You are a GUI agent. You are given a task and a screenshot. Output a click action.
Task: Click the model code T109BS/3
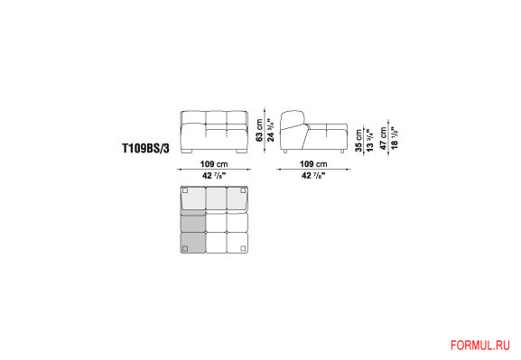(x=146, y=148)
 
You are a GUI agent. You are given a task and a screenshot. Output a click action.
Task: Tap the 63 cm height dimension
(x=259, y=130)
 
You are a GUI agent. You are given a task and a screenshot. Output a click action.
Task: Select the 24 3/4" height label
(x=272, y=130)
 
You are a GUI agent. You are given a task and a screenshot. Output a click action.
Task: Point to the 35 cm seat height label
(x=358, y=141)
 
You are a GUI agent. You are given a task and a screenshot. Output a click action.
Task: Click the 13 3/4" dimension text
(x=370, y=141)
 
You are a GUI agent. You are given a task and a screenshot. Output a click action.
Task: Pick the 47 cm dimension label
(x=384, y=138)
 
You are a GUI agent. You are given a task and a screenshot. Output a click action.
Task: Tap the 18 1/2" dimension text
(x=395, y=138)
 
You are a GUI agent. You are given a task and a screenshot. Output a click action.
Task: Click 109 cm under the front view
(x=214, y=164)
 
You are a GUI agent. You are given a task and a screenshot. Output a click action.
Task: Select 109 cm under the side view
(x=313, y=164)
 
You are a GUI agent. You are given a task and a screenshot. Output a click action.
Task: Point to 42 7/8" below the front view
(x=214, y=175)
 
